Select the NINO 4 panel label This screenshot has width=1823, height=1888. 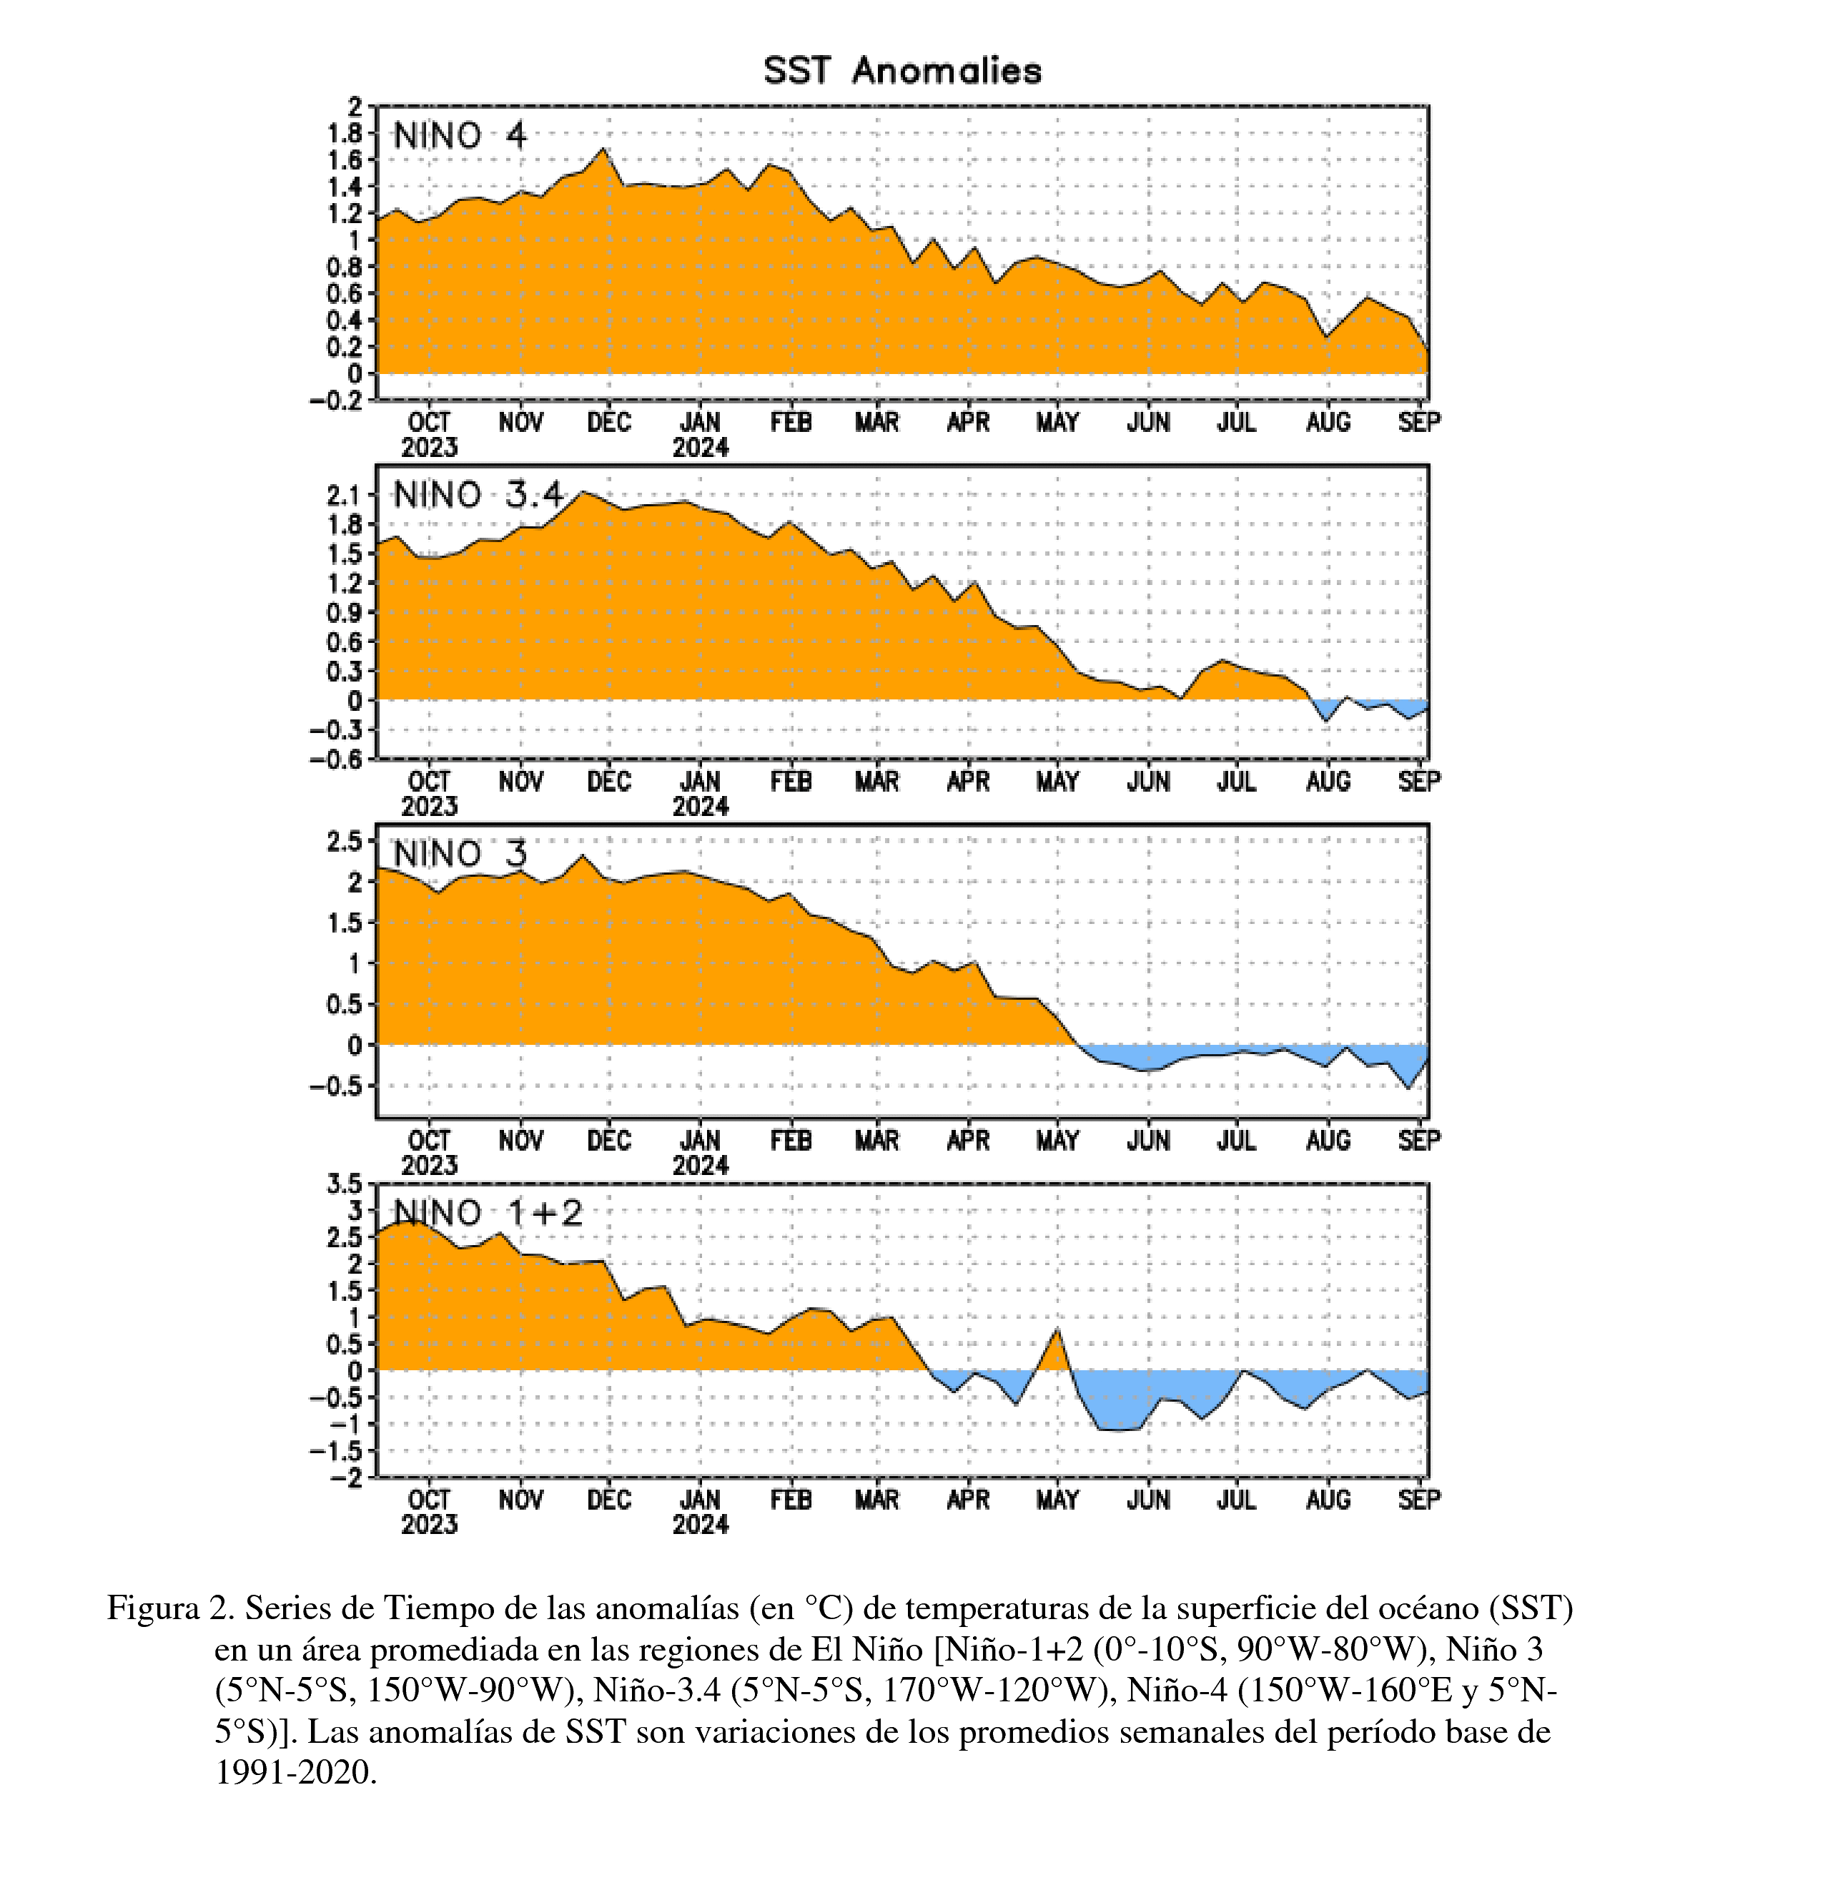click(x=460, y=136)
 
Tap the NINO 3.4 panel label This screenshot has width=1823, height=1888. click(x=478, y=495)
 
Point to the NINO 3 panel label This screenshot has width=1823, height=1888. click(x=460, y=855)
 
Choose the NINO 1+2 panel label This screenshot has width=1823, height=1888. click(x=488, y=1213)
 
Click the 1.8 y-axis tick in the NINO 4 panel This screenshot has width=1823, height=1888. click(x=343, y=133)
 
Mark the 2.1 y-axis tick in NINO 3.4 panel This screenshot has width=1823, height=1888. click(x=343, y=496)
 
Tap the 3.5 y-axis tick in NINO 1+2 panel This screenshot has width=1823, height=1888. click(x=343, y=1184)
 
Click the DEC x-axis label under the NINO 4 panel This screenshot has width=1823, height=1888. click(x=608, y=423)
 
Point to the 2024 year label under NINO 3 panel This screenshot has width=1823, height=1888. click(x=700, y=1166)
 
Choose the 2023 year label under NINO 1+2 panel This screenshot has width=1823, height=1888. click(x=430, y=1525)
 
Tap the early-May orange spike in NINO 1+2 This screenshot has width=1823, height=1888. click(x=1057, y=1330)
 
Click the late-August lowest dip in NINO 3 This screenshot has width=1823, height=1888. click(x=1408, y=1088)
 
